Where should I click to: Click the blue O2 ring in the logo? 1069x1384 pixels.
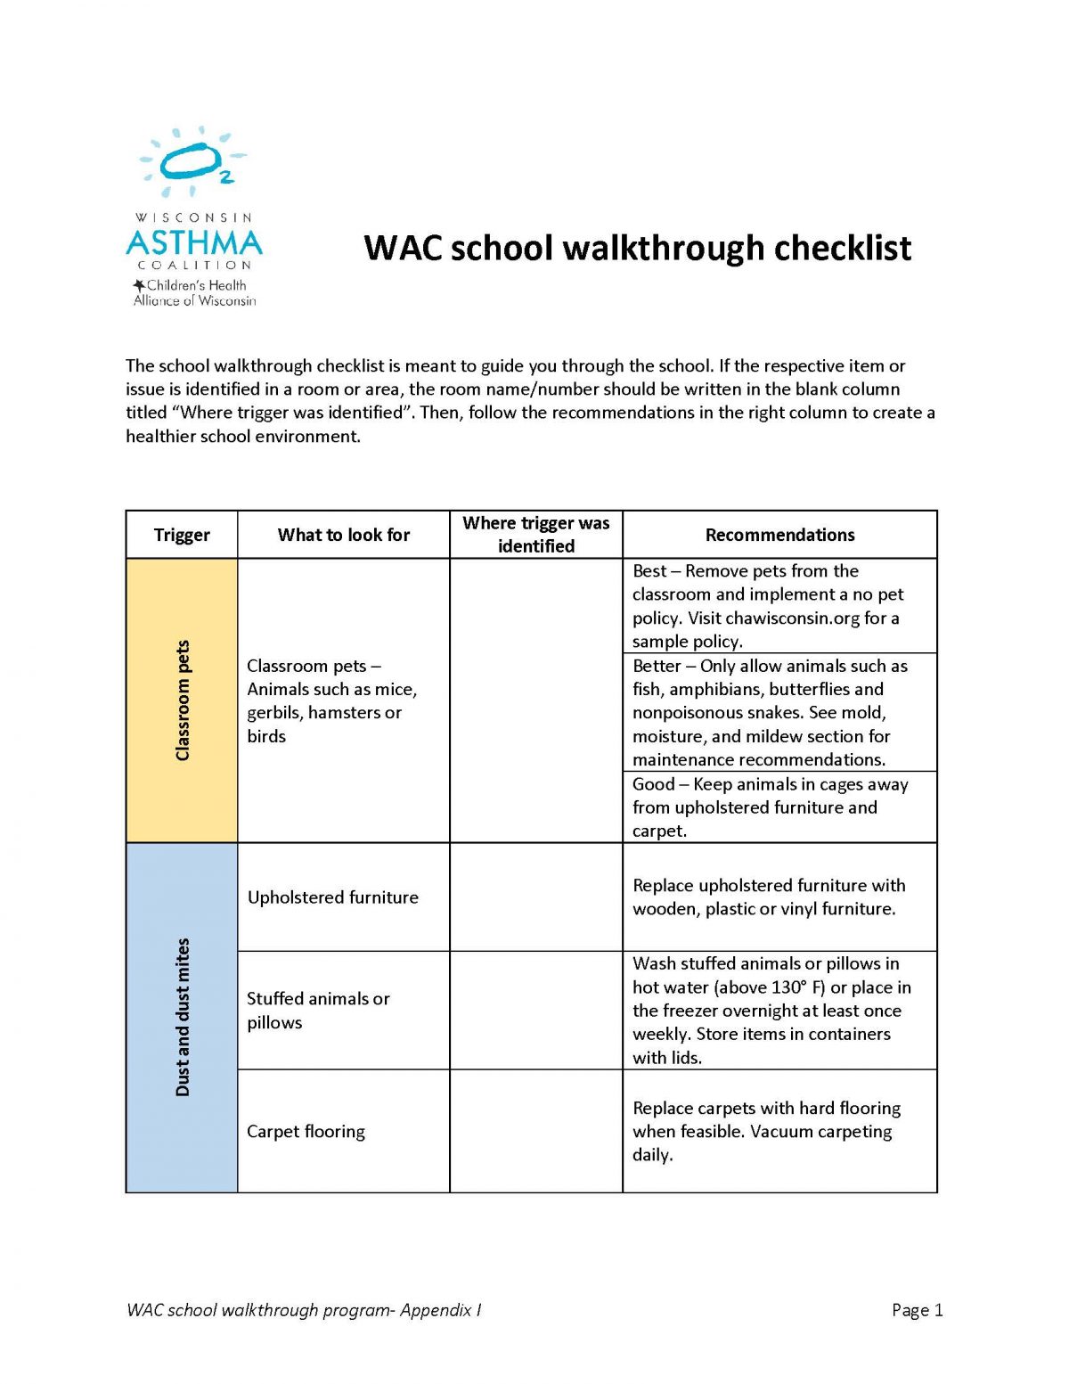point(190,161)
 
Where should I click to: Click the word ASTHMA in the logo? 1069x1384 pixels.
point(194,242)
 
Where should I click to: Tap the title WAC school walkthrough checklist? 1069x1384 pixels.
point(637,248)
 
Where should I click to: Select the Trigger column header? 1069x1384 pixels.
point(182,535)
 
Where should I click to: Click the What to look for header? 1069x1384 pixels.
point(343,535)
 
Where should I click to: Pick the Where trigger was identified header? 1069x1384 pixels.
point(535,535)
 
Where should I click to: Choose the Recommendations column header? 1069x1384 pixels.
point(779,535)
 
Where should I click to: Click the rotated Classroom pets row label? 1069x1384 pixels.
point(183,700)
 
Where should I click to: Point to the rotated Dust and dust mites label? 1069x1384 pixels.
point(183,1017)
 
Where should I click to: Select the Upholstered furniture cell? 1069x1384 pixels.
point(332,897)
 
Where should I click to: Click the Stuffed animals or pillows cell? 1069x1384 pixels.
point(318,1011)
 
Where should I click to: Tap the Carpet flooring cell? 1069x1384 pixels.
point(306,1132)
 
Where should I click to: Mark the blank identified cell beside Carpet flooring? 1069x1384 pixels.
point(535,1131)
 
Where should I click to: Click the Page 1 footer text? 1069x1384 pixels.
point(917,1310)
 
